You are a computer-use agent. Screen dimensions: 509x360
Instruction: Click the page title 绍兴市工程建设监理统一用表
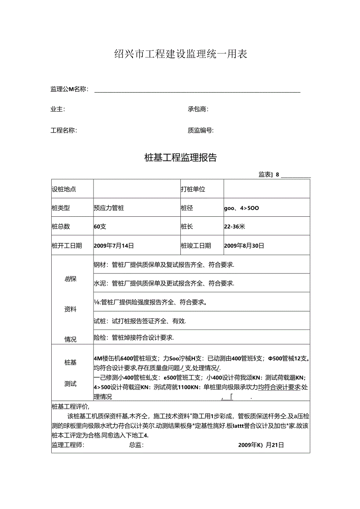pyautogui.click(x=180, y=54)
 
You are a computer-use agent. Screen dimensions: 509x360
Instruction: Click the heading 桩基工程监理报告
pyautogui.click(x=180, y=158)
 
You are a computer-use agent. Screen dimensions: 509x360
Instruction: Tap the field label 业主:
pyautogui.click(x=58, y=109)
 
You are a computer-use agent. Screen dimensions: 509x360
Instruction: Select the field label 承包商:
pyautogui.click(x=198, y=109)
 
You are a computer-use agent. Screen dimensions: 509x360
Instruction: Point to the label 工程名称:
pyautogui.click(x=64, y=131)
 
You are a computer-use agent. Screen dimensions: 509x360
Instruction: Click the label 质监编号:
pyautogui.click(x=200, y=131)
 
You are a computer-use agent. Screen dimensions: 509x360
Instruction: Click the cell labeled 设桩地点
pyautogui.click(x=64, y=189)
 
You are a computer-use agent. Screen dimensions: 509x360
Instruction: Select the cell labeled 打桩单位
pyautogui.click(x=193, y=189)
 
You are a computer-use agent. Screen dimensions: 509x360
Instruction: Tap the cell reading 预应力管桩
pyautogui.click(x=109, y=208)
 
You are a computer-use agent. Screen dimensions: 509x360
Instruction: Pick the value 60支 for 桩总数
pyautogui.click(x=100, y=227)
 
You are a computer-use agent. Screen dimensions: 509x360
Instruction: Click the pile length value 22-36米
pyautogui.click(x=234, y=227)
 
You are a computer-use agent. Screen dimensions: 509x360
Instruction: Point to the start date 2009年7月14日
pyautogui.click(x=114, y=246)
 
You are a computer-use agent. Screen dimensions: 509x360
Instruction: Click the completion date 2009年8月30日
pyautogui.click(x=244, y=246)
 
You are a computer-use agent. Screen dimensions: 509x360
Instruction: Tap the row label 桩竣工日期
pyautogui.click(x=196, y=246)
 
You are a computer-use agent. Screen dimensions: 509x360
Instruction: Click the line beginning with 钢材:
pyautogui.click(x=164, y=265)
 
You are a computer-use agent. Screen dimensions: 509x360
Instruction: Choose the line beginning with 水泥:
pyautogui.click(x=164, y=283)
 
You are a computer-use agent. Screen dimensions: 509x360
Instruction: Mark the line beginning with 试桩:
pyautogui.click(x=140, y=321)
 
